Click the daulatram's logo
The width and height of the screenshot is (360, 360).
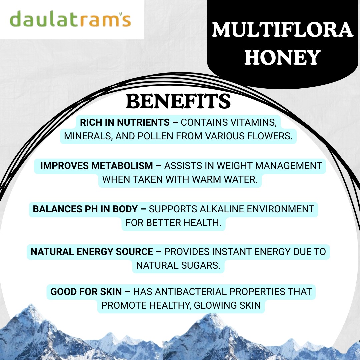click(70, 19)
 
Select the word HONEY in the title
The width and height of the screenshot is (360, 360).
click(282, 57)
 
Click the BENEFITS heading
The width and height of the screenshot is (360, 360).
click(178, 101)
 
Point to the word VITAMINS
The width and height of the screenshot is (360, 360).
click(253, 122)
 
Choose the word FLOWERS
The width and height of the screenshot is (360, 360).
click(270, 136)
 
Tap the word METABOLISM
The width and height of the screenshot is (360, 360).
click(122, 166)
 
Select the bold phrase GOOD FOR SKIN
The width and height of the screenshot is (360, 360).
click(86, 292)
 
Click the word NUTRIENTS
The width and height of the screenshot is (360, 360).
click(143, 122)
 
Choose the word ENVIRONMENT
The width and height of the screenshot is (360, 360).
click(280, 209)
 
